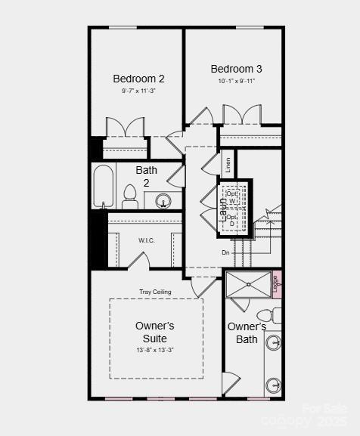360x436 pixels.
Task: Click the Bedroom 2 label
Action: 138,79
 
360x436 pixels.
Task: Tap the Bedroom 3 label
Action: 237,69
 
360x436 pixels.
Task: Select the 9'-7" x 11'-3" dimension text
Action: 138,91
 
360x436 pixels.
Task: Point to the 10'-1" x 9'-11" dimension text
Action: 237,81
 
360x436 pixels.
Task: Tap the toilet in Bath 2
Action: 129,196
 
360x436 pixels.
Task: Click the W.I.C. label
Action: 146,240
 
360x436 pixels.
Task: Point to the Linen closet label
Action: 227,163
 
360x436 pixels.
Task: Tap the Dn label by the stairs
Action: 225,252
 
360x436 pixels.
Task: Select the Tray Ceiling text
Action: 155,292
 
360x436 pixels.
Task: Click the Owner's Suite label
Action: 155,332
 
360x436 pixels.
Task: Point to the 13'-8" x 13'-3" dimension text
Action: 155,350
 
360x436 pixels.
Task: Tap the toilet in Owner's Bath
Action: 266,315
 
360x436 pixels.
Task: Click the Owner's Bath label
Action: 247,332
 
